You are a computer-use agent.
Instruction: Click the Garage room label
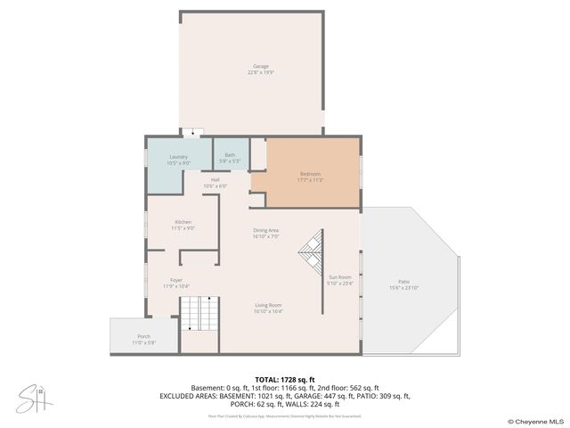[x=260, y=67]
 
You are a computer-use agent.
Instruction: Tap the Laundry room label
[x=178, y=157]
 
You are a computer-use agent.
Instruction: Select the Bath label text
[x=230, y=155]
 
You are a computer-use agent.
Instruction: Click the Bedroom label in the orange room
[x=310, y=173]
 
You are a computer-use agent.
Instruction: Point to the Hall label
[x=215, y=180]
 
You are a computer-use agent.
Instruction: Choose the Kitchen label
[x=183, y=222]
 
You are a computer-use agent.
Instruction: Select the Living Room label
[x=268, y=305]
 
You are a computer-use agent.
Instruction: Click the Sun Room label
[x=339, y=277]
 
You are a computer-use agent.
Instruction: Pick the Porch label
[x=143, y=336]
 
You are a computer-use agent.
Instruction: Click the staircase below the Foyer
[x=200, y=314]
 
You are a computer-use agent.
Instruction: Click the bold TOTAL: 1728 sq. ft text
[x=284, y=380]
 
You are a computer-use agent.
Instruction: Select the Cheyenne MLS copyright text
[x=535, y=421]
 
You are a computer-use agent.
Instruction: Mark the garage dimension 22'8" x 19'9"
[x=260, y=72]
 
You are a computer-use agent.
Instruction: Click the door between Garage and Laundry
[x=191, y=134]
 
